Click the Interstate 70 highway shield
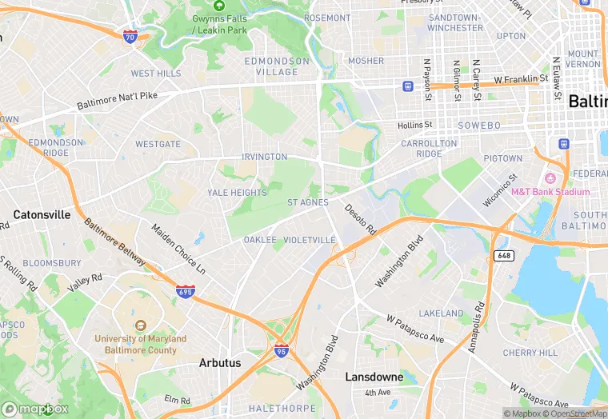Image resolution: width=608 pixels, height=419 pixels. coord(130,36)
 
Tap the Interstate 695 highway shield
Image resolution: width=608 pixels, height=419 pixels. coord(185,292)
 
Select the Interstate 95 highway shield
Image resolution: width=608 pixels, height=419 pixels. coord(281,350)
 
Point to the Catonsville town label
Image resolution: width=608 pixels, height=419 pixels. coord(42,215)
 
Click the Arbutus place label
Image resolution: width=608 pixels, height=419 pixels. coord(219,363)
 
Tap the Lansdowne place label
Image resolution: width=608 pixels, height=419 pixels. coord(372,376)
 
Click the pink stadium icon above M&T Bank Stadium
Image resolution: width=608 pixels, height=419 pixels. coord(550,178)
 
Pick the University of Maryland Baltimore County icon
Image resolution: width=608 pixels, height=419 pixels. coord(141,325)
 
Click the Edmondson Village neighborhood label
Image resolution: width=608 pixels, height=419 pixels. coord(277,66)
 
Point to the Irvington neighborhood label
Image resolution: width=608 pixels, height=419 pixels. coord(264,157)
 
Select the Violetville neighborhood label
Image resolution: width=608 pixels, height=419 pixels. coord(310,240)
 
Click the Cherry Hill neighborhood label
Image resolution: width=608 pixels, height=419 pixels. coord(530,353)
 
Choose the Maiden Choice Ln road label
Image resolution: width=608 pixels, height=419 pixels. coord(178,249)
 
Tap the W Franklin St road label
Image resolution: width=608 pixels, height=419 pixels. coord(521,80)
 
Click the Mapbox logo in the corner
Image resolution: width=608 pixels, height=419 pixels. coord(36,409)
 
